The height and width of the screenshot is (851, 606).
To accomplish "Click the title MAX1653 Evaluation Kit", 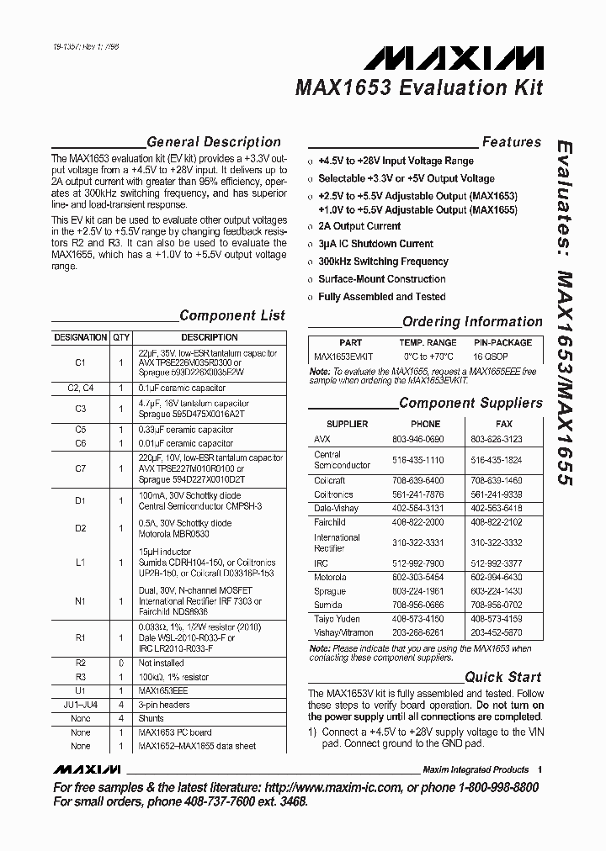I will (419, 87).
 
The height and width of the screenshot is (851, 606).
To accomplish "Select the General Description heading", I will (213, 142).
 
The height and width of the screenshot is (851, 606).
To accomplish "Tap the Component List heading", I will (232, 316).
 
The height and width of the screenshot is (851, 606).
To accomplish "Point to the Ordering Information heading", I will (472, 321).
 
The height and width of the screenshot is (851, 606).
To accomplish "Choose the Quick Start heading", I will (503, 677).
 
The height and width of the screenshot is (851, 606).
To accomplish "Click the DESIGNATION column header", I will (81, 337).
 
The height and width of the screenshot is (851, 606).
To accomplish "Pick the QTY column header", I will (121, 337).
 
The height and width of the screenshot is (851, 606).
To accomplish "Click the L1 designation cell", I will (81, 562).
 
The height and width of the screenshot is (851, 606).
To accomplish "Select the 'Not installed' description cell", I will (161, 663).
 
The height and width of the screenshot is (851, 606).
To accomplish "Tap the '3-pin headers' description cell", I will (164, 705).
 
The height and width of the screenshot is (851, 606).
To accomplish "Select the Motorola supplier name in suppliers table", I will (330, 578).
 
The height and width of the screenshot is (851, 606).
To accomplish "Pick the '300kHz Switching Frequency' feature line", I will (383, 262).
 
